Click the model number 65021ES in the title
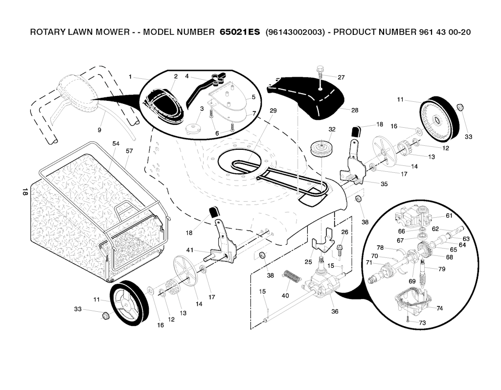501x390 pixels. (x=237, y=32)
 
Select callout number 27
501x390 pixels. (x=341, y=77)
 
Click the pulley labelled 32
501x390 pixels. (x=321, y=147)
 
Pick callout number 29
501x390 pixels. (x=273, y=111)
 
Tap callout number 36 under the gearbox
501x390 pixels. (x=335, y=311)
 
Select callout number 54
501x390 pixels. (x=115, y=144)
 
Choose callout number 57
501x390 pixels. (x=129, y=151)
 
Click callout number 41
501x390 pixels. (x=189, y=251)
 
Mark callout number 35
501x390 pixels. (x=384, y=184)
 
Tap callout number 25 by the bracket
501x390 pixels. (x=308, y=262)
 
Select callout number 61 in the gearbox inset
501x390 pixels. (x=449, y=216)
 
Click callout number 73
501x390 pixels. (x=423, y=322)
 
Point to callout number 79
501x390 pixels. (x=442, y=269)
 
